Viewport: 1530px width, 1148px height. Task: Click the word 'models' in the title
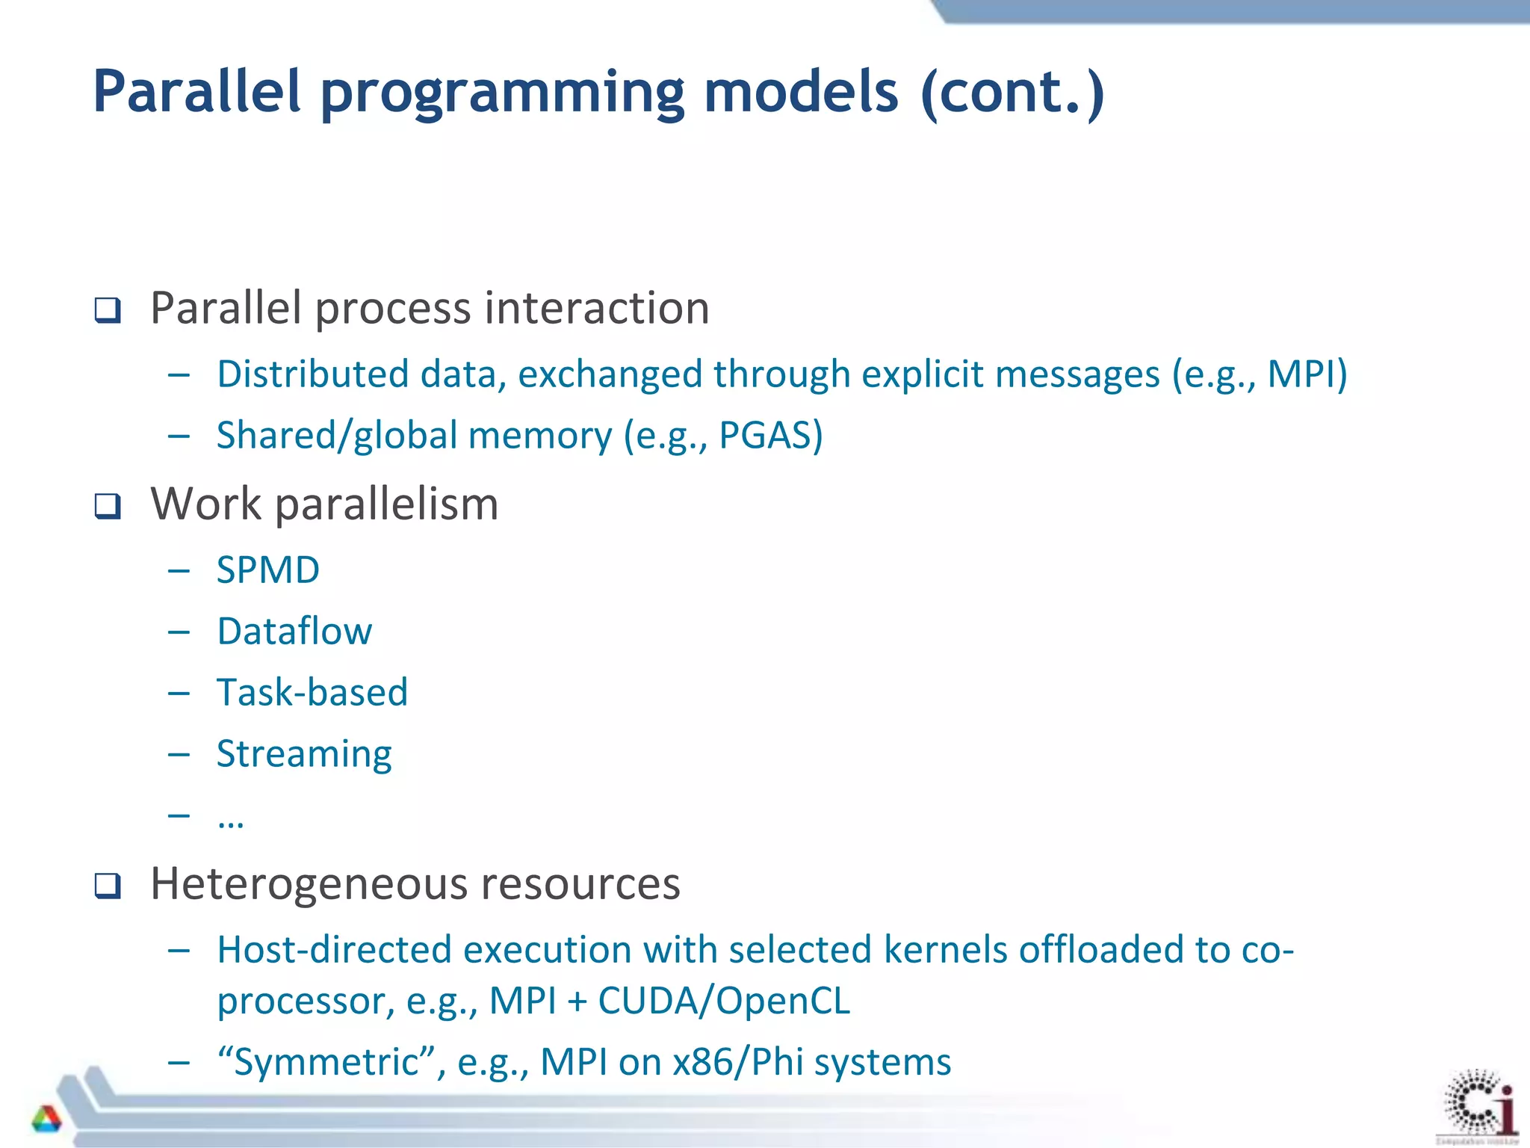pyautogui.click(x=801, y=92)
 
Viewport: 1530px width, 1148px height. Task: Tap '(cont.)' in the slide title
pyautogui.click(x=1012, y=92)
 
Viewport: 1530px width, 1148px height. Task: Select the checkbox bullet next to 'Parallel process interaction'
pyautogui.click(x=108, y=309)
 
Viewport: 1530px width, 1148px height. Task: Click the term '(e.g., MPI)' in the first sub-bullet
pyautogui.click(x=1260, y=374)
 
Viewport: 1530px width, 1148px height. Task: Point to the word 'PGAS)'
pyautogui.click(x=770, y=436)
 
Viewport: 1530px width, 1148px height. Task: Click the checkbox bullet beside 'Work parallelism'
pyautogui.click(x=108, y=506)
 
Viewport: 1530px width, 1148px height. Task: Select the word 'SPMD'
pyautogui.click(x=267, y=570)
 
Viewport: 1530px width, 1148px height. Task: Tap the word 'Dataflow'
pyautogui.click(x=294, y=632)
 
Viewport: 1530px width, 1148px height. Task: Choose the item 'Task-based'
pyautogui.click(x=312, y=693)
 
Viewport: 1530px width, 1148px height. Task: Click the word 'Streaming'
pyautogui.click(x=303, y=754)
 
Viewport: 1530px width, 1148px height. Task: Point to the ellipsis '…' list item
pyautogui.click(x=230, y=820)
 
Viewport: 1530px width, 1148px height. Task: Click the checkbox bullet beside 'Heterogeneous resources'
pyautogui.click(x=108, y=886)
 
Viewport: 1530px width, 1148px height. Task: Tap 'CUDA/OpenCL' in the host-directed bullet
pyautogui.click(x=723, y=1001)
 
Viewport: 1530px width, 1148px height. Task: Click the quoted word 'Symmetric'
pyautogui.click(x=326, y=1062)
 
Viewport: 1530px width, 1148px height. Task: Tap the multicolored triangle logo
pyautogui.click(x=46, y=1119)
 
